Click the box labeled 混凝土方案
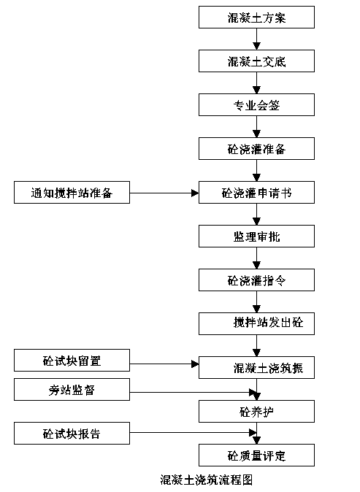pyautogui.click(x=256, y=18)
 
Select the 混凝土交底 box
pyautogui.click(x=256, y=61)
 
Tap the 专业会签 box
pyautogui.click(x=256, y=105)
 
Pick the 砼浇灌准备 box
pyautogui.click(x=256, y=148)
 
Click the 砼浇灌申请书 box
pyautogui.click(x=256, y=192)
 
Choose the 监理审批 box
pyautogui.click(x=256, y=236)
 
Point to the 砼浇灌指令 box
pyautogui.click(x=256, y=280)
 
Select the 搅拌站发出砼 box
pyautogui.click(x=256, y=323)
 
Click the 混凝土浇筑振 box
pyautogui.click(x=256, y=367)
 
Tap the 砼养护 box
pyautogui.click(x=256, y=411)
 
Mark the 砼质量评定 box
pyautogui.click(x=256, y=455)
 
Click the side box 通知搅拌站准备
pyautogui.click(x=72, y=192)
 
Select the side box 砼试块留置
pyautogui.click(x=72, y=360)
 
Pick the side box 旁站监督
pyautogui.click(x=72, y=389)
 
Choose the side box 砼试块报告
pyautogui.click(x=72, y=433)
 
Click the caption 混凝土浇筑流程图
pyautogui.click(x=206, y=480)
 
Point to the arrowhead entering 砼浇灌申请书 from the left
pyautogui.click(x=195, y=193)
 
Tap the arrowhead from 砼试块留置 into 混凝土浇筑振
pyautogui.click(x=195, y=364)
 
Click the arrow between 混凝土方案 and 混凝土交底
pyautogui.click(x=257, y=39)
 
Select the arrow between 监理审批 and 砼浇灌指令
pyautogui.click(x=257, y=258)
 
